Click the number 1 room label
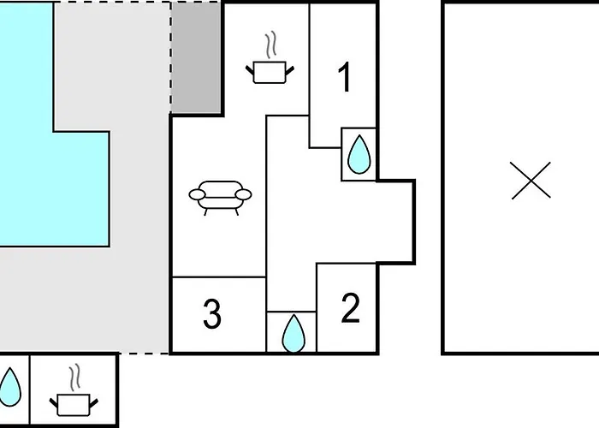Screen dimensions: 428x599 345,79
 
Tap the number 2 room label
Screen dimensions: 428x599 350,309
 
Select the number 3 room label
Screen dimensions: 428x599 212,314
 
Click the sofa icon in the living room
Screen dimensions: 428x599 221,196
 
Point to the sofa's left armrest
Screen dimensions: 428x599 197,195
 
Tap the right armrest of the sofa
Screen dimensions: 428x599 245,195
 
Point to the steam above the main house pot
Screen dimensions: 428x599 271,43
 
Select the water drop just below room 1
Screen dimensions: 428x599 359,154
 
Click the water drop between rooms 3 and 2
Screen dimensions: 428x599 293,333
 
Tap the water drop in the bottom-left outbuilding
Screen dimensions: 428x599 10,386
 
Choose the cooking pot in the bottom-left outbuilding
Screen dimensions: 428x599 74,402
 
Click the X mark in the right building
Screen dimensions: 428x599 531,181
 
